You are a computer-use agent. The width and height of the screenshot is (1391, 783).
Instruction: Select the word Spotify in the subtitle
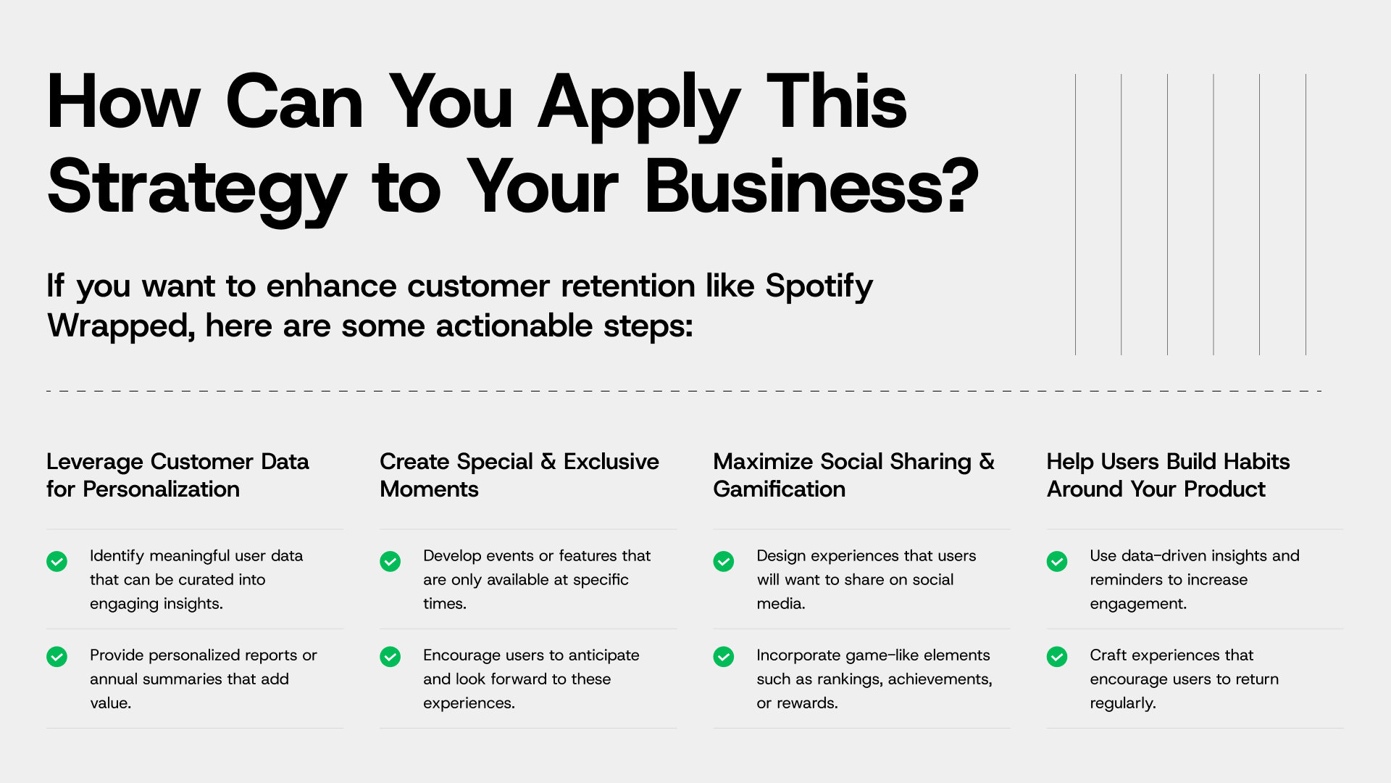click(x=819, y=287)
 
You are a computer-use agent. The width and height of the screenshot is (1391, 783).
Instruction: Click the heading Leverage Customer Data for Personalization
click(x=177, y=475)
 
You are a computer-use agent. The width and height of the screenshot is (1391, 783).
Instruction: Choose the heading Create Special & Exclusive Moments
click(x=519, y=475)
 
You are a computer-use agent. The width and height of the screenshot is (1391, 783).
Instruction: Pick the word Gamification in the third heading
click(x=779, y=489)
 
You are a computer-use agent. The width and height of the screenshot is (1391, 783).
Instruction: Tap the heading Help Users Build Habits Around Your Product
click(x=1168, y=475)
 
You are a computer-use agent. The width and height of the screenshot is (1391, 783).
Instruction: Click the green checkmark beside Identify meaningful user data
click(x=57, y=561)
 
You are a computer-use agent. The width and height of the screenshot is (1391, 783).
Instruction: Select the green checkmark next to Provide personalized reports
click(x=57, y=657)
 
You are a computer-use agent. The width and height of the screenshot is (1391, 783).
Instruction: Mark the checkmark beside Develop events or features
click(x=390, y=561)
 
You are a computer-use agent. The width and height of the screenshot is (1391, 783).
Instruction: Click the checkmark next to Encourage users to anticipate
click(x=390, y=657)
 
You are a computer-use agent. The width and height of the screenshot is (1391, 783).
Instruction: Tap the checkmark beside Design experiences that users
click(x=724, y=561)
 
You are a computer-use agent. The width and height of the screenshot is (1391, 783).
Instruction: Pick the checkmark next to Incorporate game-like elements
click(x=724, y=657)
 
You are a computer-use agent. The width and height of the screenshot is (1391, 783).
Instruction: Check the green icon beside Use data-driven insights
click(x=1057, y=561)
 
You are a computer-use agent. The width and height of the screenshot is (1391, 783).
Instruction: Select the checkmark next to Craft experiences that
click(x=1057, y=657)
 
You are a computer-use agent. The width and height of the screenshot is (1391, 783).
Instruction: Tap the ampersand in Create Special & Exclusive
click(x=548, y=462)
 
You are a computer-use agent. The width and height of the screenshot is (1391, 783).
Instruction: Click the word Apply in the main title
click(x=639, y=106)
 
